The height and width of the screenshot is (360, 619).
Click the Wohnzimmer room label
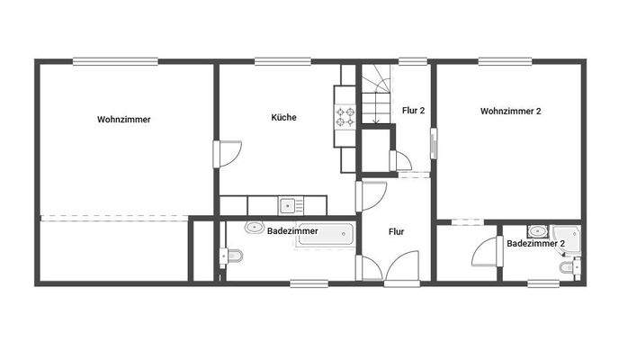coord(123,119)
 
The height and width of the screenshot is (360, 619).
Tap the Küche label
coord(283,117)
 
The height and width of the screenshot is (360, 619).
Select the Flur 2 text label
coord(413,112)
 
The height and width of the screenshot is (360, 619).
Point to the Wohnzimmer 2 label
coord(510,112)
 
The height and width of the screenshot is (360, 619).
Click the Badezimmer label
coord(292,231)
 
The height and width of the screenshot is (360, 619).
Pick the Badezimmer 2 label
coord(535,243)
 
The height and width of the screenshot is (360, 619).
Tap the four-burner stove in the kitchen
coord(345,116)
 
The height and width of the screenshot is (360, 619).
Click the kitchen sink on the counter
coord(288,205)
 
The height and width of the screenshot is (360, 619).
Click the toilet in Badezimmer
coord(231,258)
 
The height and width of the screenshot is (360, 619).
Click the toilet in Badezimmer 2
coord(567,267)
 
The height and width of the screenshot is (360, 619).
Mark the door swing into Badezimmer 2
coord(487,251)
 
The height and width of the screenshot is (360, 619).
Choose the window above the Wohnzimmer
coord(102,61)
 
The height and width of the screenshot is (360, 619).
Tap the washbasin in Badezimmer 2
coord(537,229)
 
